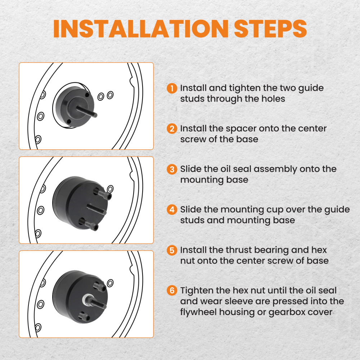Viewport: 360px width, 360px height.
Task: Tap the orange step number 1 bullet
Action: click(x=172, y=88)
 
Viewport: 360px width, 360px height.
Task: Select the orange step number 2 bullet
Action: click(x=172, y=129)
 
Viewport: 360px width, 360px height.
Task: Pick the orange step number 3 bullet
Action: click(x=172, y=169)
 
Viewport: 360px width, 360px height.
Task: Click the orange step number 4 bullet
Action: click(x=172, y=210)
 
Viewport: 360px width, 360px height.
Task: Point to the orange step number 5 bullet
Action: click(x=172, y=250)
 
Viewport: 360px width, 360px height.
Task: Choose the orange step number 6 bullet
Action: click(x=172, y=290)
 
